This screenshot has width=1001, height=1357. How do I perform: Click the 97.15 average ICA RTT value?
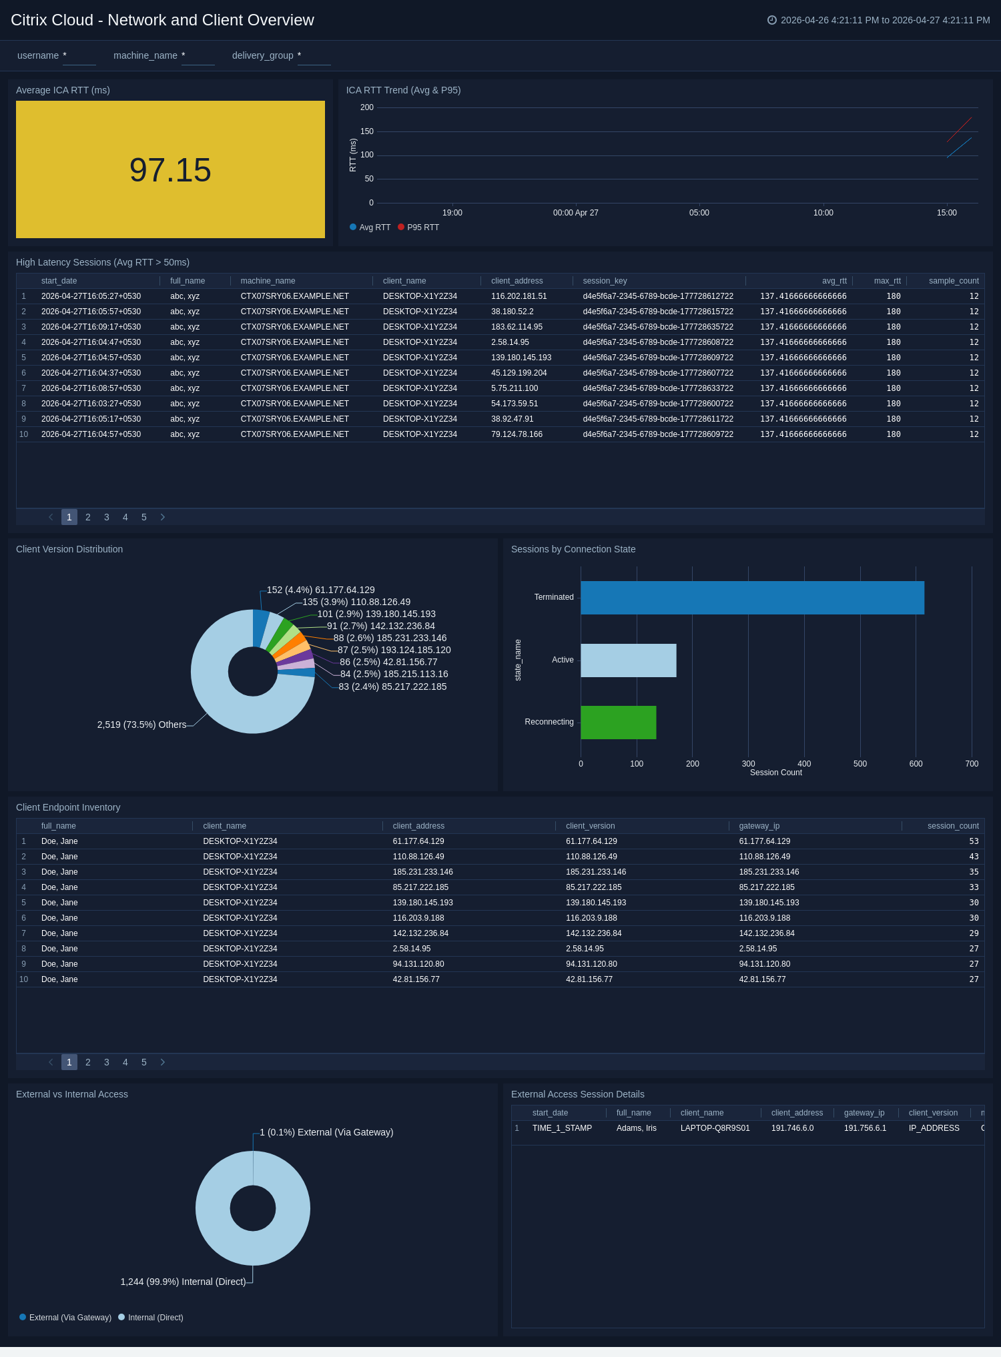170,170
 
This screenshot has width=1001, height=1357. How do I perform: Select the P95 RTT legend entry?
418,228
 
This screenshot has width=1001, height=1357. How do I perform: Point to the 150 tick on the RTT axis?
367,131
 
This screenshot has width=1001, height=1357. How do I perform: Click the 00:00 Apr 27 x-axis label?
576,213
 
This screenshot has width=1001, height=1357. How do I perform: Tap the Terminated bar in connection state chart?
752,598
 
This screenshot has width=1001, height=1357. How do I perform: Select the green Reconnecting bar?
619,723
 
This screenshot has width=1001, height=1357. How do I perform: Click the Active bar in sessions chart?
629,660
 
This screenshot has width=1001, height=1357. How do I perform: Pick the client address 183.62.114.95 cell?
517,327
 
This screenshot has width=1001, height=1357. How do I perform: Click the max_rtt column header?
888,281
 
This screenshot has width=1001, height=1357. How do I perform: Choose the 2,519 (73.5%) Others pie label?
141,725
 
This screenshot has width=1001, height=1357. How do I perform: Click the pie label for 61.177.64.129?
321,590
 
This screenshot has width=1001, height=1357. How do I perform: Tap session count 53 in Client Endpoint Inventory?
974,841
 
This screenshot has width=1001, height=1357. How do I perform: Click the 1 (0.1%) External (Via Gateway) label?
326,1132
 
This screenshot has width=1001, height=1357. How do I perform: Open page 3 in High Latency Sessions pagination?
107,517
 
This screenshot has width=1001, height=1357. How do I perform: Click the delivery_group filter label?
263,55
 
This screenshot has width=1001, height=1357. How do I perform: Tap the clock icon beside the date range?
772,20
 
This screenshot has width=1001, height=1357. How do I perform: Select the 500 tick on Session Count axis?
860,764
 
